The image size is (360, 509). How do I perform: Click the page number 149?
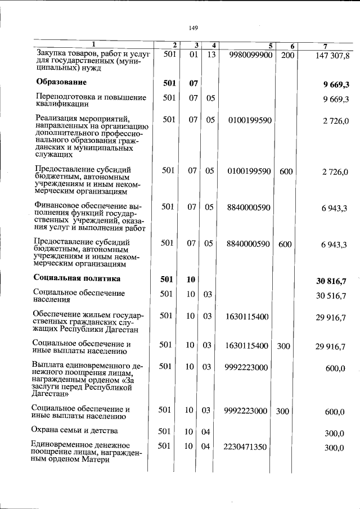(x=193, y=27)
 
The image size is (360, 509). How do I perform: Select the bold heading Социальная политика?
(x=77, y=278)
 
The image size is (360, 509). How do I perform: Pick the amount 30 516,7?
(x=331, y=295)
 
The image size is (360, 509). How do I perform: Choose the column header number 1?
(x=94, y=44)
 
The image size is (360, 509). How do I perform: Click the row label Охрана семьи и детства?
(x=75, y=431)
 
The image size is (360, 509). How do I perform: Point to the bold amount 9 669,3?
(x=336, y=85)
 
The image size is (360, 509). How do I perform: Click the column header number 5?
(x=271, y=45)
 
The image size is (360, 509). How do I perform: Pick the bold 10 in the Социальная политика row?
(x=191, y=279)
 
